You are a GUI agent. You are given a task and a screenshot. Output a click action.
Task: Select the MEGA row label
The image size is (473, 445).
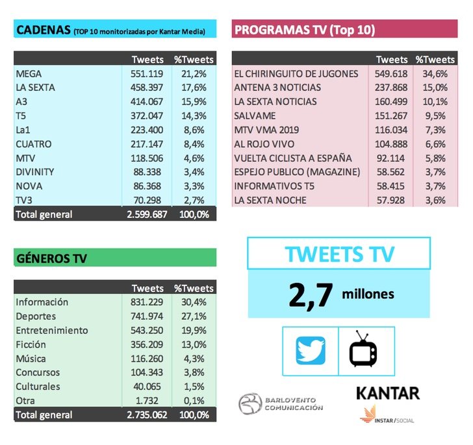click(29, 74)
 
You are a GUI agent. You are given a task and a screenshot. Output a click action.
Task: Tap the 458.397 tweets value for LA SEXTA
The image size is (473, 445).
click(147, 88)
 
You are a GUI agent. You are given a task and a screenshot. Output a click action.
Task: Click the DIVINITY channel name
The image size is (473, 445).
click(34, 172)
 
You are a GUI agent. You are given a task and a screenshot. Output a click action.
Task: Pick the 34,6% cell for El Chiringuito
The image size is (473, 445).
click(435, 74)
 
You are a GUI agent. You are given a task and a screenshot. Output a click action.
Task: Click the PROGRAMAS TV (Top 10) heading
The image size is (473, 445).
click(304, 30)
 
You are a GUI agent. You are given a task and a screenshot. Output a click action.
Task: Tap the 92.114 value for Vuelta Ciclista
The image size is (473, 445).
click(393, 158)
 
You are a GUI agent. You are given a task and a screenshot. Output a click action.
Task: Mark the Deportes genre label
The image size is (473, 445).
click(35, 316)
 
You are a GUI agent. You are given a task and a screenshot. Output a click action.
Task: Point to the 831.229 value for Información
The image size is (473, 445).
click(147, 302)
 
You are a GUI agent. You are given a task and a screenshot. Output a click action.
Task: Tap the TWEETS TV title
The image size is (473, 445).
click(339, 254)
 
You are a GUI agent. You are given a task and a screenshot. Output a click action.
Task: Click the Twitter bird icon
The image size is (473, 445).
click(310, 351)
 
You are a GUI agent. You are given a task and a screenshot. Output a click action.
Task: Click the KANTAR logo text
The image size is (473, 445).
click(387, 392)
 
